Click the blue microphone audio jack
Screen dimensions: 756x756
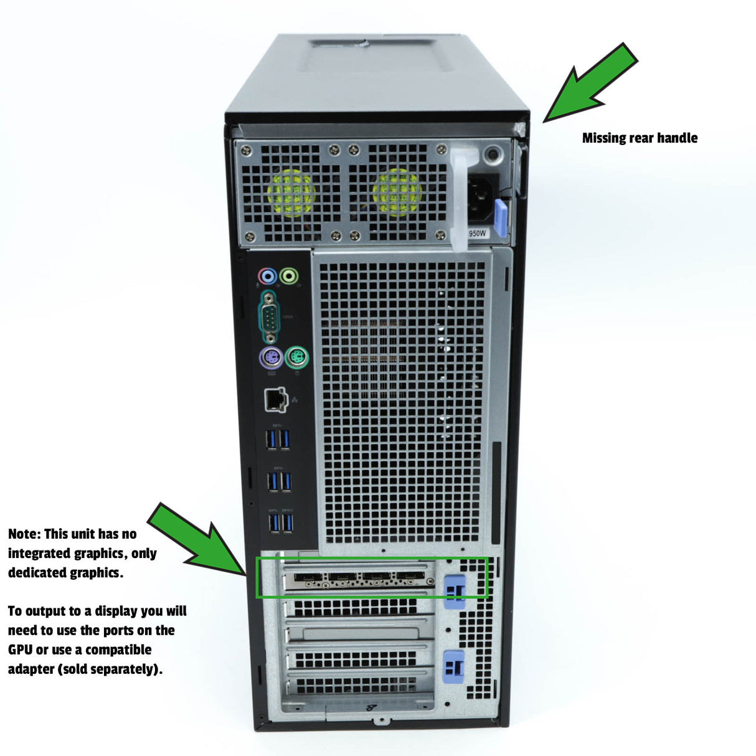point(268,276)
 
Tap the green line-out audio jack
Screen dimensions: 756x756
point(289,276)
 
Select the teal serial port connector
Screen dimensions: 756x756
point(269,316)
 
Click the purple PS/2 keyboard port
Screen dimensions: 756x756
point(271,357)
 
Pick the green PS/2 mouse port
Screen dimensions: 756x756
point(296,357)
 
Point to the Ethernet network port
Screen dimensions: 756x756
point(276,400)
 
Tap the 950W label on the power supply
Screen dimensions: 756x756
point(477,234)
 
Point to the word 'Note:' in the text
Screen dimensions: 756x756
point(24,534)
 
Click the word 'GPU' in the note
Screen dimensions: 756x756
point(20,650)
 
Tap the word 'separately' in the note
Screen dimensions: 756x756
point(125,669)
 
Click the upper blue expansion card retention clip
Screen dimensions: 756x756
point(455,592)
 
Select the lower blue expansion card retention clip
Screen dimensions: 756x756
point(454,668)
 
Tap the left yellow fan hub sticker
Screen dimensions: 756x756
point(291,193)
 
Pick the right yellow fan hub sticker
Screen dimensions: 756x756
point(397,192)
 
